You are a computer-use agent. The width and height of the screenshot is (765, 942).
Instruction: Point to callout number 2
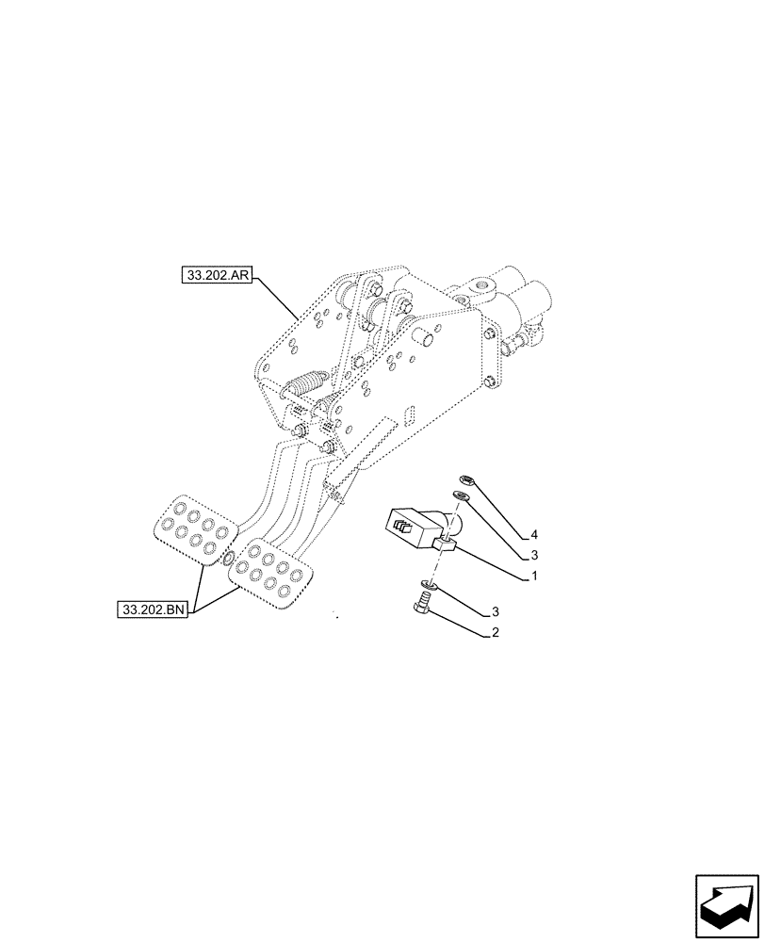tap(495, 633)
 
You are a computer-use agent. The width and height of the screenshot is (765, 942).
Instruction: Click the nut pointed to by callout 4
tap(464, 479)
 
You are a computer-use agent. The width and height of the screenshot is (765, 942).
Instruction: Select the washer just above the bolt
tap(429, 586)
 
